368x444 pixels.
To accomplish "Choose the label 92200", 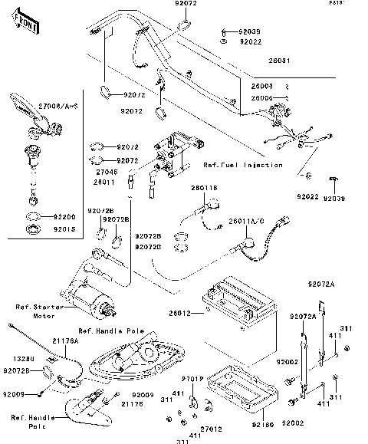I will click(x=66, y=217).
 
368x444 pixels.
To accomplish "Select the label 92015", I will click(x=66, y=228).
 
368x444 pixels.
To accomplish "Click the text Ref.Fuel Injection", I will click(x=243, y=165).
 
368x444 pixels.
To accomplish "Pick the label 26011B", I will click(x=204, y=186).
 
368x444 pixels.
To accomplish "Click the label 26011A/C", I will click(x=245, y=221).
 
